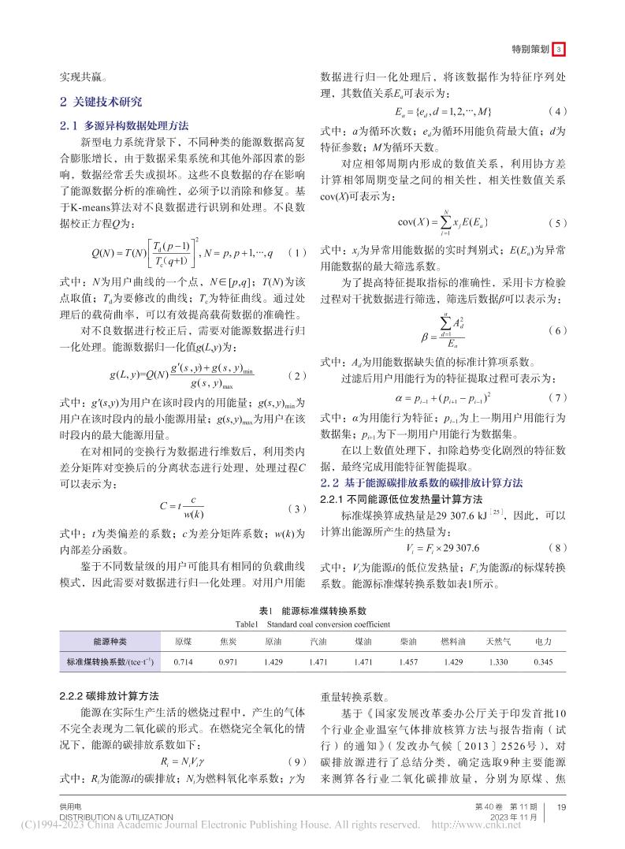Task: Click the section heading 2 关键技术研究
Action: coord(102,102)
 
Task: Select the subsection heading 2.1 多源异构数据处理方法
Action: coord(125,125)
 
